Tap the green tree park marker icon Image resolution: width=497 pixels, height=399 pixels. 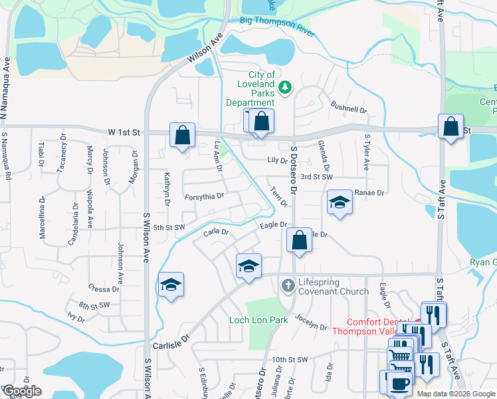click(x=285, y=88)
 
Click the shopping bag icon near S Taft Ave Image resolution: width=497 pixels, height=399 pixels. click(x=451, y=127)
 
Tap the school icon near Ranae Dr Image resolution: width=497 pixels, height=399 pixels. click(x=340, y=202)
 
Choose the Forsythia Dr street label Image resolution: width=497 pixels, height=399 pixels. click(x=204, y=196)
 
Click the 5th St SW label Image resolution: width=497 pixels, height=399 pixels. click(x=169, y=228)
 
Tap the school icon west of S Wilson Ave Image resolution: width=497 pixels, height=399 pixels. click(x=171, y=285)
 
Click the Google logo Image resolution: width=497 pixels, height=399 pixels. click(x=22, y=391)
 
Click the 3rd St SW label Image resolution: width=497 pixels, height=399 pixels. click(x=316, y=177)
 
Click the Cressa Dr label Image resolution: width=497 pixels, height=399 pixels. click(x=103, y=289)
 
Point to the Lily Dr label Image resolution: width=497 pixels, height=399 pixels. click(x=277, y=160)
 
